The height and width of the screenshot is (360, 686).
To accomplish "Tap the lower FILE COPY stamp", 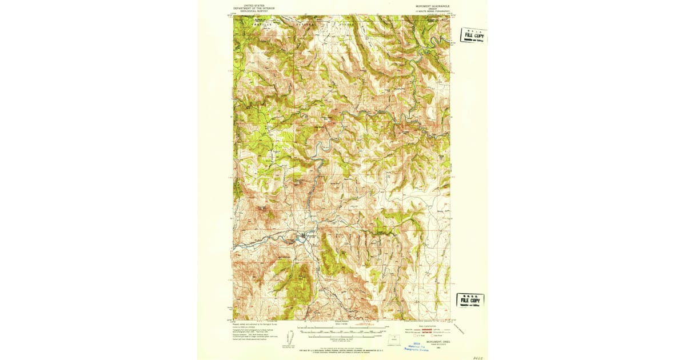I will (470, 300).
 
